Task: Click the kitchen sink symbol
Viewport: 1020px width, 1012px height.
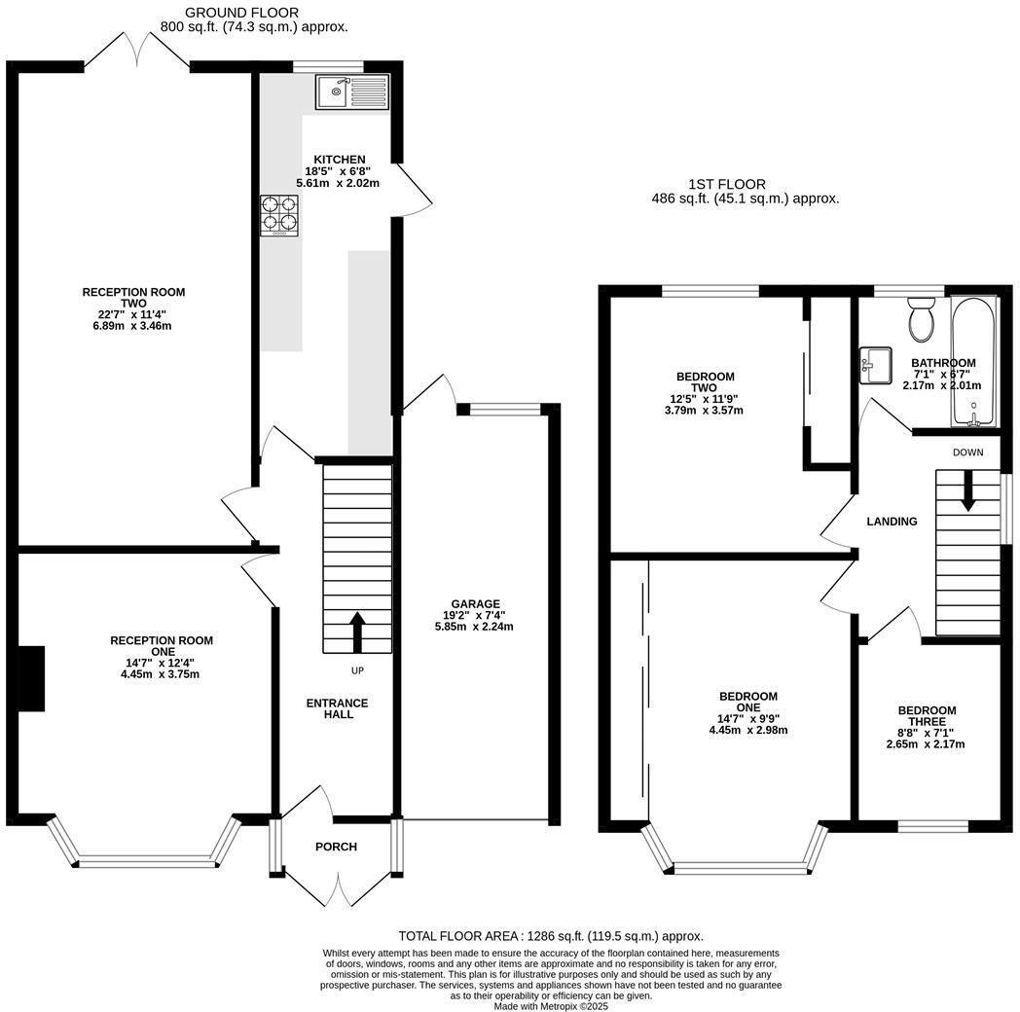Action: click(351, 92)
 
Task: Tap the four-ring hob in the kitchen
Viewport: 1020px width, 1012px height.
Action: click(278, 216)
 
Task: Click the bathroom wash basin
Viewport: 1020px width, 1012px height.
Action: click(876, 366)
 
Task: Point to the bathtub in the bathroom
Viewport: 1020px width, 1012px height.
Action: click(972, 361)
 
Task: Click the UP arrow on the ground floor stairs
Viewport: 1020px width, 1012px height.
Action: click(356, 632)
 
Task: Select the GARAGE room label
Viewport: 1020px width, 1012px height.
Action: click(474, 603)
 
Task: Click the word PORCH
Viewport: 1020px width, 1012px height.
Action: click(336, 847)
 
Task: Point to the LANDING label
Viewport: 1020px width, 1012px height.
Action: click(892, 522)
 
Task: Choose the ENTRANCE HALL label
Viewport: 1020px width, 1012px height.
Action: click(338, 708)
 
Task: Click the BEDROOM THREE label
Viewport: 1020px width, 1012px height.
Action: click(926, 716)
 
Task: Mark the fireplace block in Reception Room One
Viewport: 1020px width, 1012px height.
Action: click(32, 678)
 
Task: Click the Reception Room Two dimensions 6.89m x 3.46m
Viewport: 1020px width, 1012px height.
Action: click(133, 326)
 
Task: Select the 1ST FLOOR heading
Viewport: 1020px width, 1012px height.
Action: click(726, 184)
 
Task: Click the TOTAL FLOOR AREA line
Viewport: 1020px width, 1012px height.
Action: click(550, 936)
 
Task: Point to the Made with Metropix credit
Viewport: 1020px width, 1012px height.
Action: click(550, 1006)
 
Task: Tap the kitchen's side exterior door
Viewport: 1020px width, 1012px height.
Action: click(413, 190)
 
